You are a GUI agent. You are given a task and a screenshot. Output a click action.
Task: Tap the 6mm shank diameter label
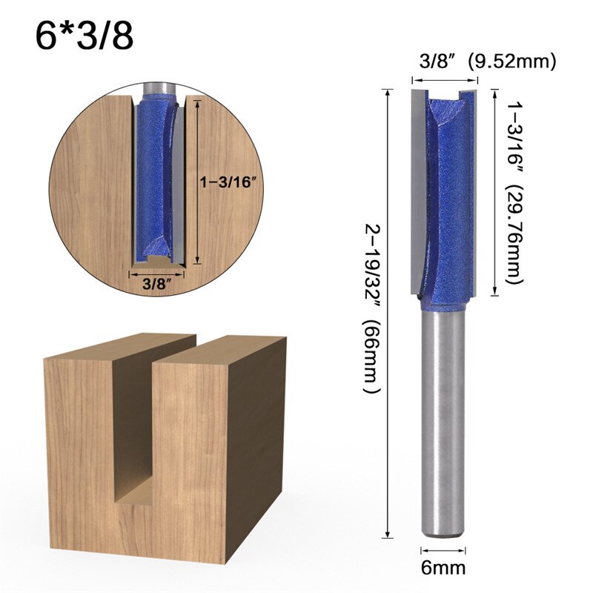point(444,569)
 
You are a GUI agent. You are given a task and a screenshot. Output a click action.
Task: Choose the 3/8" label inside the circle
point(156,282)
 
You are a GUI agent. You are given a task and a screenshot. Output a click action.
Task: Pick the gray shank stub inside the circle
point(156,85)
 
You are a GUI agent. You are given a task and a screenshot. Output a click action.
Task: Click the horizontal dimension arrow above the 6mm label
point(443,550)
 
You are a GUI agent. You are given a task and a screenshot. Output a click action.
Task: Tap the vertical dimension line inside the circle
point(197,182)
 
